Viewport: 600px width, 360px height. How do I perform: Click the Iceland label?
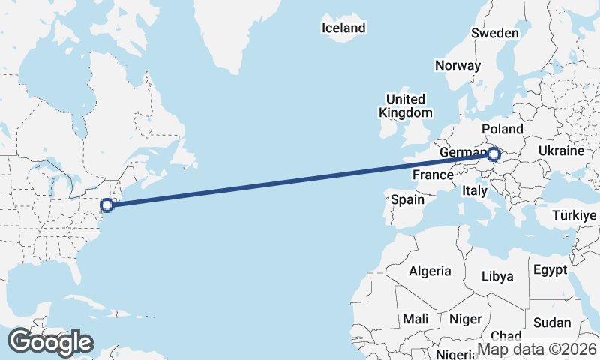tap(343, 28)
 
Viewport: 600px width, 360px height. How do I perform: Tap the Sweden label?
tap(494, 33)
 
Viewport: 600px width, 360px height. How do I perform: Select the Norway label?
tap(457, 65)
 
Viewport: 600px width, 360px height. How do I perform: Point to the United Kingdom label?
tap(406, 106)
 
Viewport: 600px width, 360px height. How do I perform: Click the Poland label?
tap(502, 129)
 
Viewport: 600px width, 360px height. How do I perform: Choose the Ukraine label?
tap(561, 151)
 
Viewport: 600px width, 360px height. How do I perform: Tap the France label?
tap(433, 175)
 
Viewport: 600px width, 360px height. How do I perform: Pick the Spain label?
tap(408, 200)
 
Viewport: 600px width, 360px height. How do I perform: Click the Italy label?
tap(475, 190)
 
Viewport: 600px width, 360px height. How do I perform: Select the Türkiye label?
tap(574, 216)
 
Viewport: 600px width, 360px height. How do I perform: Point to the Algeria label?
tap(430, 271)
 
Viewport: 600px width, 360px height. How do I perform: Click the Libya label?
tap(497, 276)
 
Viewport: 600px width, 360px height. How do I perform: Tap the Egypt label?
tap(550, 269)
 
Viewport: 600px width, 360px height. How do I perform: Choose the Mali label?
tap(415, 319)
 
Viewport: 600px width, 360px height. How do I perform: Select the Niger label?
tap(465, 319)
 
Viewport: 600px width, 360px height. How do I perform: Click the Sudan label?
tap(552, 323)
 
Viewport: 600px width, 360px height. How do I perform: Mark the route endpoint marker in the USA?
tap(107, 205)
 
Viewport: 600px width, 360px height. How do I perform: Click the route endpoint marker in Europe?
tap(493, 155)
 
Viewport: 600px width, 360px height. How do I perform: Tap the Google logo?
tap(50, 342)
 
